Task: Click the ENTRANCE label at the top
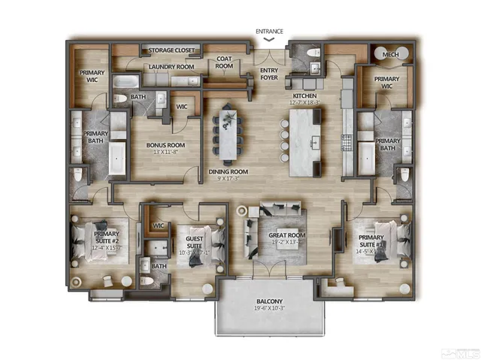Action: (269, 32)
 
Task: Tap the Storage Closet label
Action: (171, 50)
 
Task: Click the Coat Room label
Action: (225, 62)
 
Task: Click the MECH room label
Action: (390, 55)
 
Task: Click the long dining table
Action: (228, 135)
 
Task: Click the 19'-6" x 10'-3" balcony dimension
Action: (268, 308)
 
